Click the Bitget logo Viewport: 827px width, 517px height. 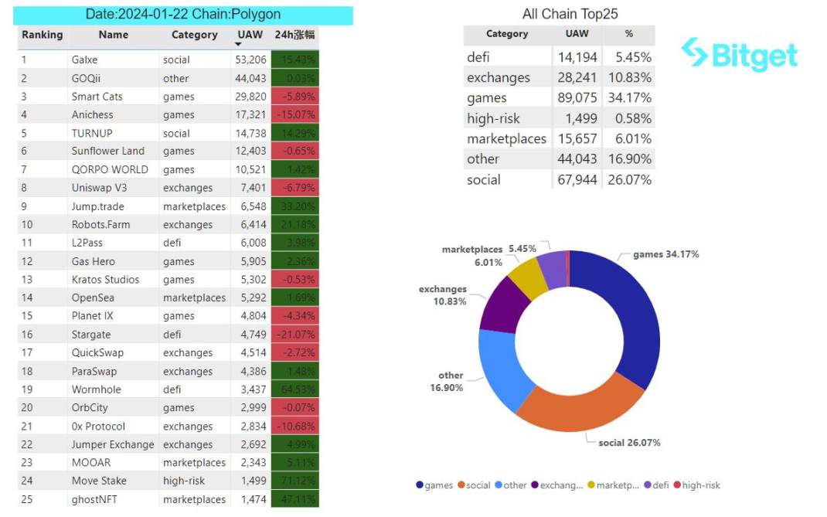pos(739,53)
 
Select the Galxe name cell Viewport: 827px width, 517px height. pos(86,60)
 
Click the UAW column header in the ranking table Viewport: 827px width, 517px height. pos(250,35)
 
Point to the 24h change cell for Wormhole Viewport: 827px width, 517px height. pos(294,389)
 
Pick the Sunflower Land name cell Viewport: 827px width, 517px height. pos(107,151)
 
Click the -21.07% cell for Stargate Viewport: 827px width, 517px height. pos(294,335)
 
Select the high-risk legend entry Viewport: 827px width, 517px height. pos(697,485)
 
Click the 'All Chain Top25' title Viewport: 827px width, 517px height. pos(570,14)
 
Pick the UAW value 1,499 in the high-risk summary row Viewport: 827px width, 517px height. pos(577,118)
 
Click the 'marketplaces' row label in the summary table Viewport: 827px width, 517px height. pos(506,139)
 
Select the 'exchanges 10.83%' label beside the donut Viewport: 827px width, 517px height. pos(443,295)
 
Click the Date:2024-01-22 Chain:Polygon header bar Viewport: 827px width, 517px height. pos(184,15)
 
